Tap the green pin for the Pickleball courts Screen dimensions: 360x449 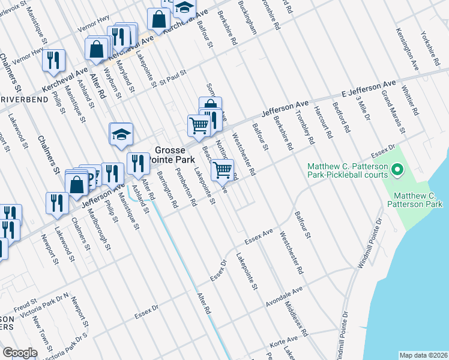coord(396,172)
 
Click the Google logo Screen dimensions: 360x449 coord(20,353)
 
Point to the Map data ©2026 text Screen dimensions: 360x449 coord(423,355)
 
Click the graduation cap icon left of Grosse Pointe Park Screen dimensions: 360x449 coord(121,135)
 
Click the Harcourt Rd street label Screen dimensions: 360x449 coord(324,123)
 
